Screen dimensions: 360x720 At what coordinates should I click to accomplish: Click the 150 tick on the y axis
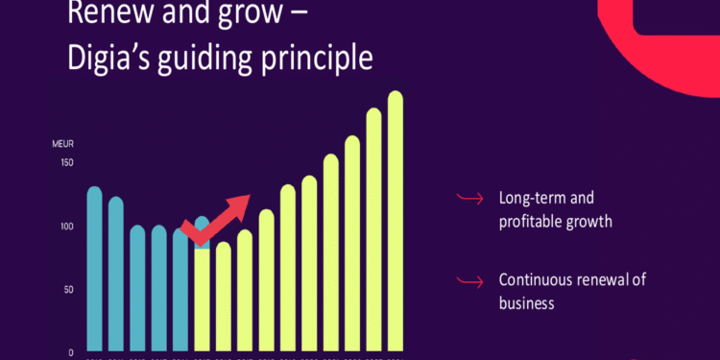click(x=65, y=162)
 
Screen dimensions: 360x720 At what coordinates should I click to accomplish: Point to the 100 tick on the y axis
click(x=65, y=227)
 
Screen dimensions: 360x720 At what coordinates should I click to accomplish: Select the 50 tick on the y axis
click(x=67, y=290)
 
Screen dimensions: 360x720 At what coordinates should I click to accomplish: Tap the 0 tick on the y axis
click(x=70, y=352)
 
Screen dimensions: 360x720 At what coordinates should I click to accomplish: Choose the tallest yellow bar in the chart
click(x=395, y=221)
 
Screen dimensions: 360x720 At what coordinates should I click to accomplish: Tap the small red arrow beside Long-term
click(x=468, y=199)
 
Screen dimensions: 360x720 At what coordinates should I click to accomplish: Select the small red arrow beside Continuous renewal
click(x=468, y=281)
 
